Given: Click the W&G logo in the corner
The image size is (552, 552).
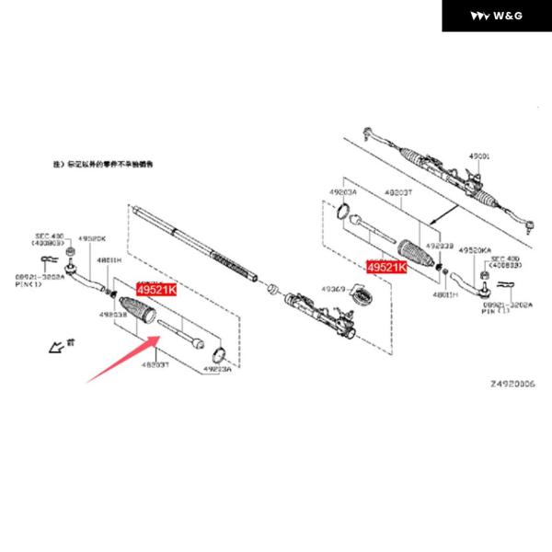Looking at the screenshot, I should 497,16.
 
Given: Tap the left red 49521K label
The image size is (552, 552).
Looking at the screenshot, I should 155,290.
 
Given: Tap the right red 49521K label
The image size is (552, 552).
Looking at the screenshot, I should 385,267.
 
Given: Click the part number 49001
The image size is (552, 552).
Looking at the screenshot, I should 482,157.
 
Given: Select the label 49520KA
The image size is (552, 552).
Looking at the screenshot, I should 476,249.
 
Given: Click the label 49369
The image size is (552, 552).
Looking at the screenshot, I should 332,290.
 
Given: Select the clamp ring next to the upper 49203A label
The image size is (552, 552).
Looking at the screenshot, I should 339,214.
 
